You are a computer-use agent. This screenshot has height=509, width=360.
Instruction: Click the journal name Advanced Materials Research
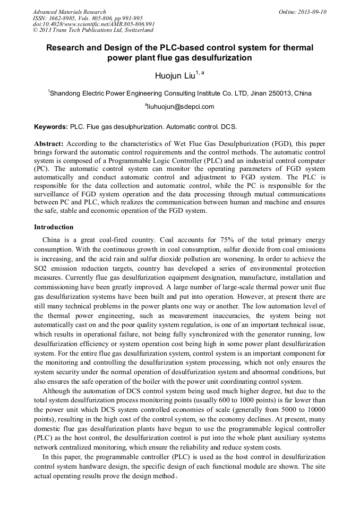(69, 12)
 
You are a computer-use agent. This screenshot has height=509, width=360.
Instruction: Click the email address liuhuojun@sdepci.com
(181, 107)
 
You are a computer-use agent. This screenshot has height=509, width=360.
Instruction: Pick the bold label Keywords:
(51, 127)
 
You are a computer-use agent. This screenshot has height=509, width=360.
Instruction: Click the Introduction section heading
(54, 227)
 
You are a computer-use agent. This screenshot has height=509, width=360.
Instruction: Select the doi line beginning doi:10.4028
(94, 24)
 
